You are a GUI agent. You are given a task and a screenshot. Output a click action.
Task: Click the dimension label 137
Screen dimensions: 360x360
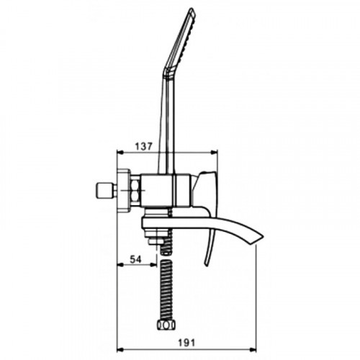(143, 146)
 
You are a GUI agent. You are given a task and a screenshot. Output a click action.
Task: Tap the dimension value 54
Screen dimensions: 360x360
(135, 259)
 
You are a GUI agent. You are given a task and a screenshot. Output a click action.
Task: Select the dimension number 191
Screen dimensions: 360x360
(186, 343)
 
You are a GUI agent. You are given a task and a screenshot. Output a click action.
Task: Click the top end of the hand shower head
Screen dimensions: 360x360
(192, 9)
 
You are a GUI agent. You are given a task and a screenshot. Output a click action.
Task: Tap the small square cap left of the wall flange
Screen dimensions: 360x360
(104, 191)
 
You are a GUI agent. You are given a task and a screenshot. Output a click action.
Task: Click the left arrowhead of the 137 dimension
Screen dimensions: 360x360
(120, 152)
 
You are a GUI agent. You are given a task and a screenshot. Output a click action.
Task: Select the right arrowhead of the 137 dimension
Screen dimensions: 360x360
(214, 152)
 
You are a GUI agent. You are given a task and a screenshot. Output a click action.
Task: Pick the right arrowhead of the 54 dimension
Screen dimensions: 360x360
(153, 265)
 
